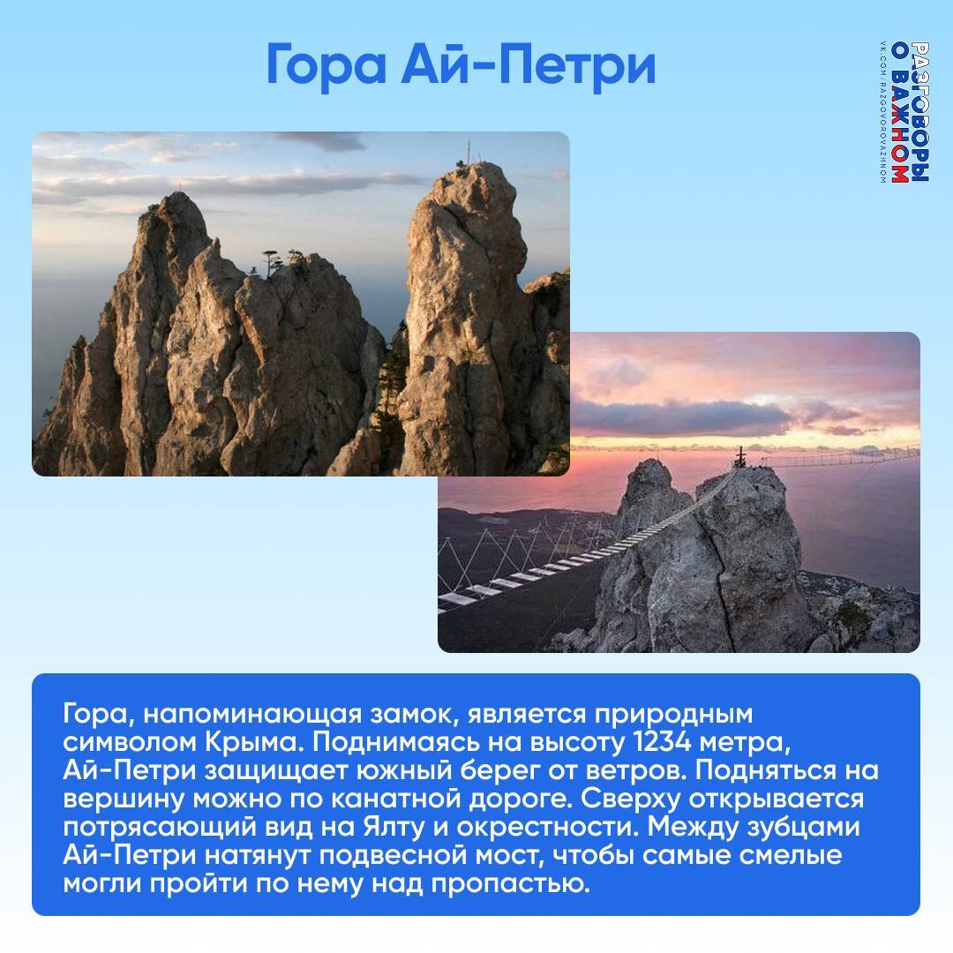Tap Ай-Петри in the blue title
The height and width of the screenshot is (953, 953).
click(x=529, y=64)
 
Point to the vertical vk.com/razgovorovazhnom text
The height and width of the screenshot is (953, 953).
click(x=883, y=112)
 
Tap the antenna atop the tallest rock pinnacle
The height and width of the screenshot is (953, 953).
click(x=468, y=152)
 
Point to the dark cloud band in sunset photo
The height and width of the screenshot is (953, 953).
click(x=680, y=417)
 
